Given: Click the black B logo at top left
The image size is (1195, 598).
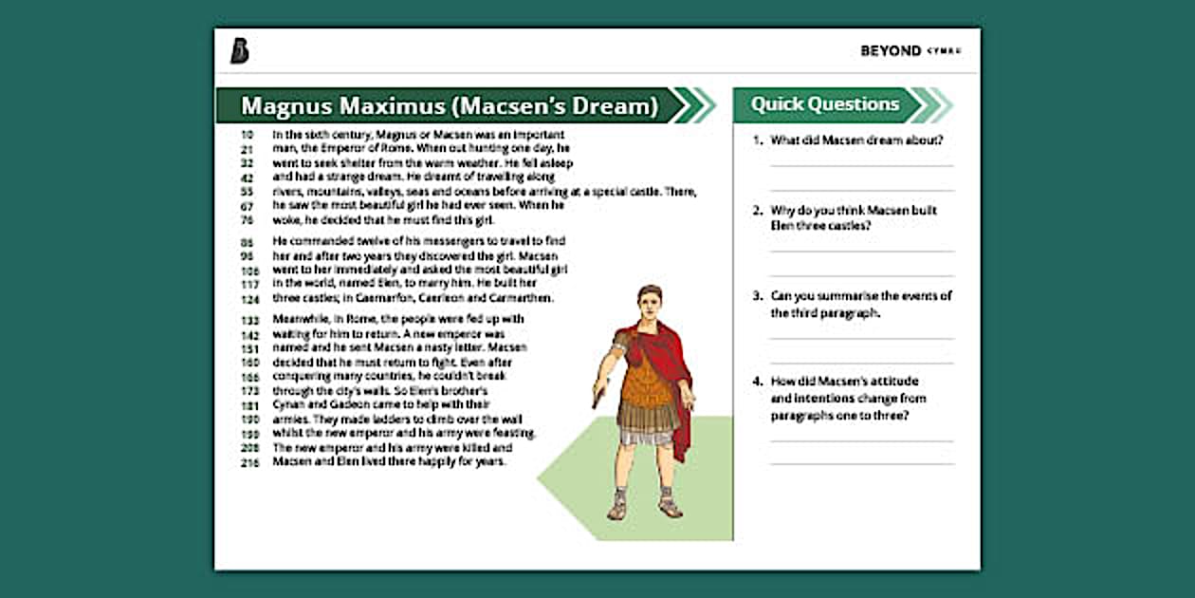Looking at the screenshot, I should (239, 51).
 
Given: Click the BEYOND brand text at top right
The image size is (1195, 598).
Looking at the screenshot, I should (891, 51).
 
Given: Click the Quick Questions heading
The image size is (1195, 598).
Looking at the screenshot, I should (825, 104).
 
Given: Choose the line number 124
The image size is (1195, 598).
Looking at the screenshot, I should (249, 299).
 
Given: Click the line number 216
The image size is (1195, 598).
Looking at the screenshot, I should (249, 462).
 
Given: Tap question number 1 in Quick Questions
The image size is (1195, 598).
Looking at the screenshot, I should (758, 140).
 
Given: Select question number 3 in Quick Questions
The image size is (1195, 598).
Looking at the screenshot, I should (758, 296).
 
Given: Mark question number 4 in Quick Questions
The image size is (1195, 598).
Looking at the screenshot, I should (758, 382).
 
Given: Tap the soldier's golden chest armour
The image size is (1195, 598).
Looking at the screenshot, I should (648, 375).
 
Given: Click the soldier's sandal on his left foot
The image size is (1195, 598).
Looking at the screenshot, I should (671, 508).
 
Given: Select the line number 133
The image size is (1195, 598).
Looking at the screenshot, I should (249, 321).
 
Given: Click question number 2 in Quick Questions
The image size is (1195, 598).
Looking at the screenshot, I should (758, 211).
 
